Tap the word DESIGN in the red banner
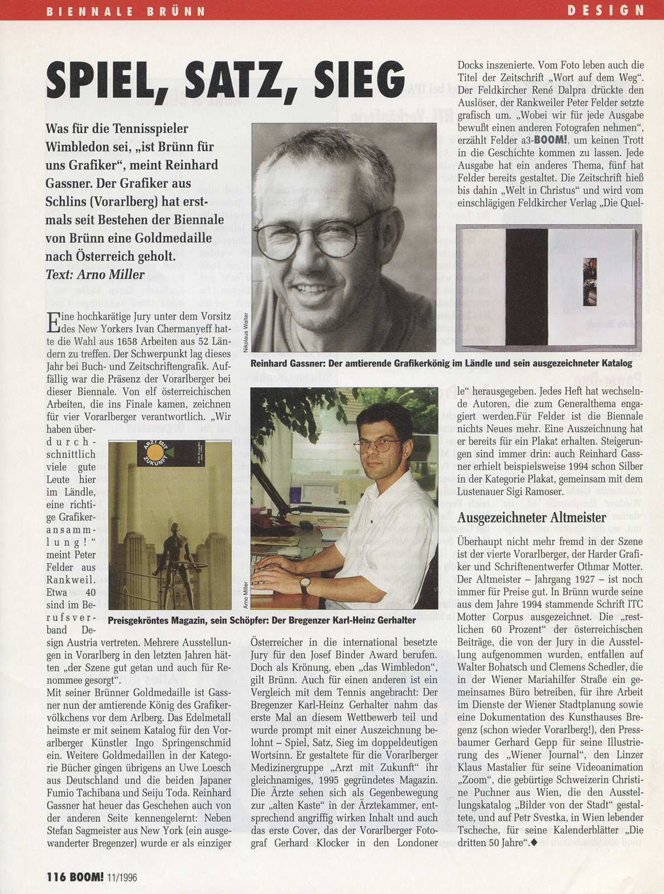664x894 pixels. [x=606, y=10]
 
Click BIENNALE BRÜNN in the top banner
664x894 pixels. [x=126, y=11]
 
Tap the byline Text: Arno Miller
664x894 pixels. [x=95, y=274]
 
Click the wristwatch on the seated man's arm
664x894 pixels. [x=305, y=584]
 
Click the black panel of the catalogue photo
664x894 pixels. [x=526, y=288]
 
